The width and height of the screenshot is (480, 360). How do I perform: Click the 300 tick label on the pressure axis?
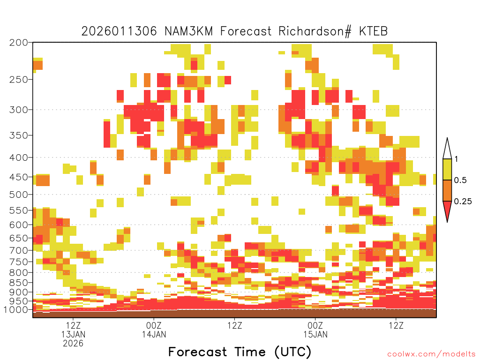(x=19, y=110)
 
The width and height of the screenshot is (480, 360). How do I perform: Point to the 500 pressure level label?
(x=19, y=195)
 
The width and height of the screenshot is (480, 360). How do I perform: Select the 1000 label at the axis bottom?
(x=16, y=309)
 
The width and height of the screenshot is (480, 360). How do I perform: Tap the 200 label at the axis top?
(x=19, y=43)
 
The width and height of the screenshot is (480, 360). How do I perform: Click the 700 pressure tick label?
(x=19, y=250)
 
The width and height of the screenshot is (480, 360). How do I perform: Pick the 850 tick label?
(x=19, y=283)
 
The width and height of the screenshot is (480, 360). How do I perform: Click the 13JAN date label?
(x=73, y=334)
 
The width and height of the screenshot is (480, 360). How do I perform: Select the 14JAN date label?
(x=154, y=334)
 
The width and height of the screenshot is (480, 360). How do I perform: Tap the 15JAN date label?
(x=315, y=334)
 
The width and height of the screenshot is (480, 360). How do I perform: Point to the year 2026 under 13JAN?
(x=73, y=344)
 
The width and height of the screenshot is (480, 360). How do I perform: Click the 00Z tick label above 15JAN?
(x=315, y=325)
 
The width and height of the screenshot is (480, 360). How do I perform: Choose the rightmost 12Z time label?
(x=397, y=325)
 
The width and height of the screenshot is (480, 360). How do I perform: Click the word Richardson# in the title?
(x=315, y=31)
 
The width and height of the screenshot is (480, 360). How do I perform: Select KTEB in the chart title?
(x=373, y=31)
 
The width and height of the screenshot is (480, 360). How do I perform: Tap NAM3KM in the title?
(x=188, y=31)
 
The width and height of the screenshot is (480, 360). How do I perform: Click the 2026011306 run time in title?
(x=119, y=31)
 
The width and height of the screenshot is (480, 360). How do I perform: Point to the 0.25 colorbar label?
(x=463, y=201)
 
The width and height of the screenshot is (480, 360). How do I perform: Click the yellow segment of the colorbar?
(x=447, y=169)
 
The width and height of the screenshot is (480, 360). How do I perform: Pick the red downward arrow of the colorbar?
(x=447, y=210)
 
